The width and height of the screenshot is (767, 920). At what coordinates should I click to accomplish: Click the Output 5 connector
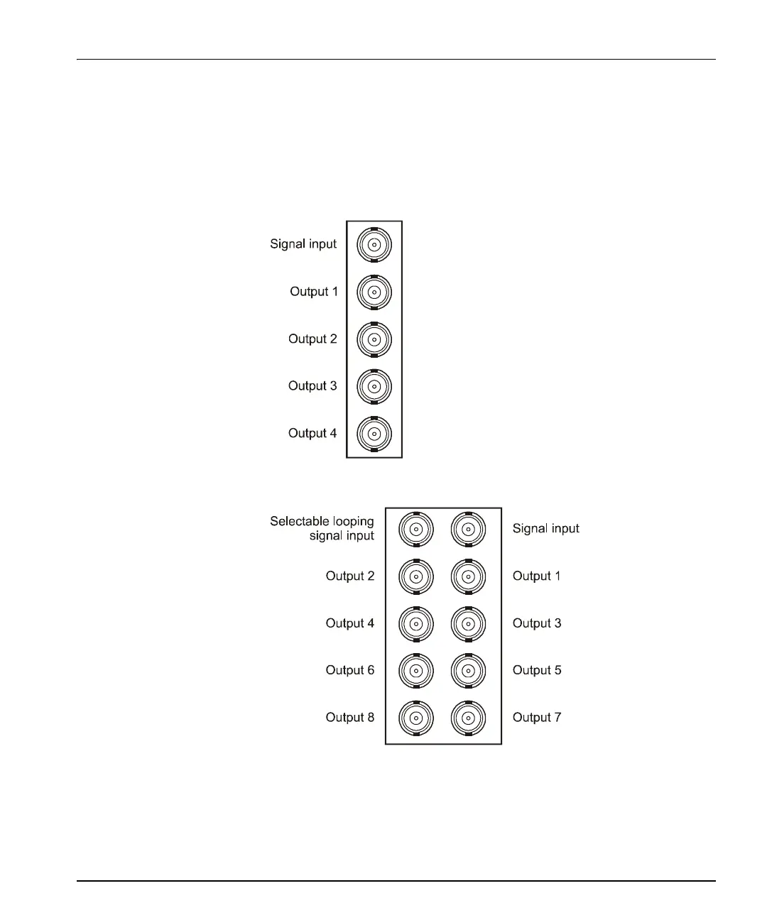point(468,671)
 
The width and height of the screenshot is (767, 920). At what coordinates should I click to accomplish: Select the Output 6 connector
point(416,671)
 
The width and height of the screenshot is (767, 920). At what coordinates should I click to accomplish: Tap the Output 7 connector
point(468,718)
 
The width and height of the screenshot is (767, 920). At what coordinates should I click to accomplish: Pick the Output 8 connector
point(416,718)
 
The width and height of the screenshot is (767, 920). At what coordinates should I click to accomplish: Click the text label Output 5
point(537,670)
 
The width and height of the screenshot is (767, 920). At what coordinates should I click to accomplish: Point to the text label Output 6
point(349,670)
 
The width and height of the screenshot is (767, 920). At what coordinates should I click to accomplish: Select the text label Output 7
point(537,718)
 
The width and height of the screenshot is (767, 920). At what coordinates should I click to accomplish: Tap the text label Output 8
point(349,718)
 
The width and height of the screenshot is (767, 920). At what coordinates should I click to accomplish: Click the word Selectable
point(297,521)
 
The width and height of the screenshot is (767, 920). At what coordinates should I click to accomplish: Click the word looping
point(351,522)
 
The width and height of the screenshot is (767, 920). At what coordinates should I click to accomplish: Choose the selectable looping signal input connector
point(416,529)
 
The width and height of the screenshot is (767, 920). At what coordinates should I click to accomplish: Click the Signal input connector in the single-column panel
point(374,245)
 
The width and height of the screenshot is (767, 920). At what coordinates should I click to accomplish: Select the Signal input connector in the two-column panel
point(468,529)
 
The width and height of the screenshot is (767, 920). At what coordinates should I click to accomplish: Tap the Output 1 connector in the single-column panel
point(374,292)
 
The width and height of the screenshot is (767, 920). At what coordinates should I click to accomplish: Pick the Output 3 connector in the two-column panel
point(468,624)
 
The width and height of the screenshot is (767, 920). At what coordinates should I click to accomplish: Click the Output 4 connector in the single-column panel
point(374,434)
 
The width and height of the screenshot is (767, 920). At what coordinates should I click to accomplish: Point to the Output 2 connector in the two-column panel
point(416,576)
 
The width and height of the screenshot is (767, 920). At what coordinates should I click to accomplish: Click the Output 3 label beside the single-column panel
point(312,386)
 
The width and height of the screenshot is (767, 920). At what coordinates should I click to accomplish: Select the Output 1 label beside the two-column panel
point(536,576)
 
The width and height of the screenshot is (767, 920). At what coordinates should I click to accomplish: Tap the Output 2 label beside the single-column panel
point(312,339)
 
